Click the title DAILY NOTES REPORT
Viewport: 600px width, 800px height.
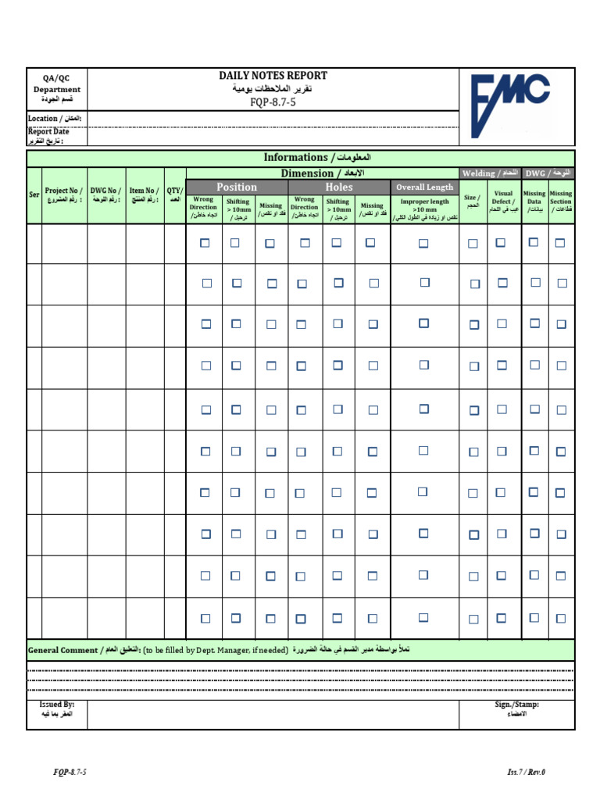coord(273,76)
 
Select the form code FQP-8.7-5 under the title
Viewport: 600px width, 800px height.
coord(273,102)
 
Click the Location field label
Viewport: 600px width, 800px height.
coord(55,119)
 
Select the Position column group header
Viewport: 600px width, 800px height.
coord(237,187)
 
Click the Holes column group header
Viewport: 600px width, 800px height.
coord(339,187)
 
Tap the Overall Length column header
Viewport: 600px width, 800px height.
coord(424,187)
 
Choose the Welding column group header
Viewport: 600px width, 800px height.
coord(490,173)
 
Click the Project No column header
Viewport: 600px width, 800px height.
coord(63,195)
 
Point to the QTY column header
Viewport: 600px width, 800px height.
coord(174,195)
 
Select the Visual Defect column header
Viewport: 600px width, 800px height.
coord(503,202)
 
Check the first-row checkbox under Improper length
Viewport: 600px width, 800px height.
coord(423,244)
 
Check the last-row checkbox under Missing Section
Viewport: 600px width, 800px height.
coord(561,618)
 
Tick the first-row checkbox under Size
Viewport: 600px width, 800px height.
coord(473,244)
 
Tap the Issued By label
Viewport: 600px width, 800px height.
coord(56,709)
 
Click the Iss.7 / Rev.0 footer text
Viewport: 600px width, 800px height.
coord(526,773)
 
